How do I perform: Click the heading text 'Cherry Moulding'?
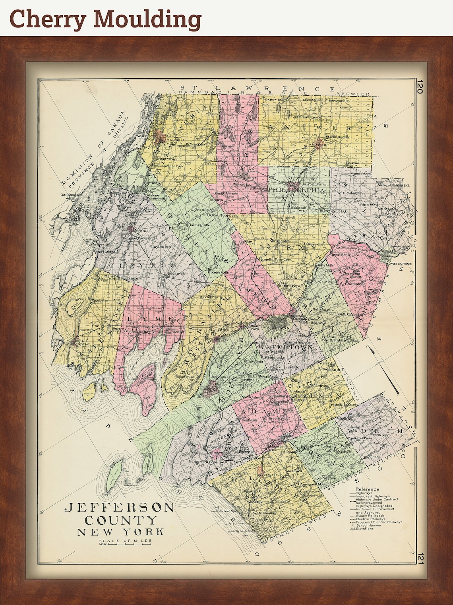tap(105, 19)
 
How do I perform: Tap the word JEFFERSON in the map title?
tap(119, 508)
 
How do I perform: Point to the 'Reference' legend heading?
tap(367, 489)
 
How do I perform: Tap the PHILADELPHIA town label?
tap(297, 190)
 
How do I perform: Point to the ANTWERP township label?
tap(316, 128)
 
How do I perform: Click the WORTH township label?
tap(375, 431)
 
